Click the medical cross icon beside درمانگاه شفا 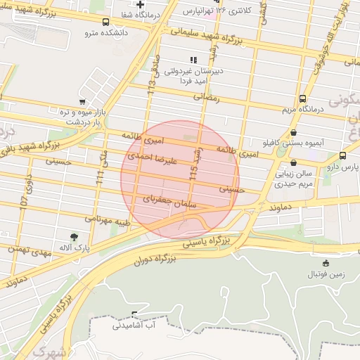click(141, 6)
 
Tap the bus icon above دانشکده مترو click(105, 22)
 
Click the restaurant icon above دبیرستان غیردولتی click(193, 60)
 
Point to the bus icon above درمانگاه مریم click(302, 98)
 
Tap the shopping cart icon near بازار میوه click(82, 102)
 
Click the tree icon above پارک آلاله click(75, 236)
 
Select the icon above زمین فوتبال click(325, 263)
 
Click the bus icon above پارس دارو click(342, 155)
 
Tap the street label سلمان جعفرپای click(169, 200)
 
